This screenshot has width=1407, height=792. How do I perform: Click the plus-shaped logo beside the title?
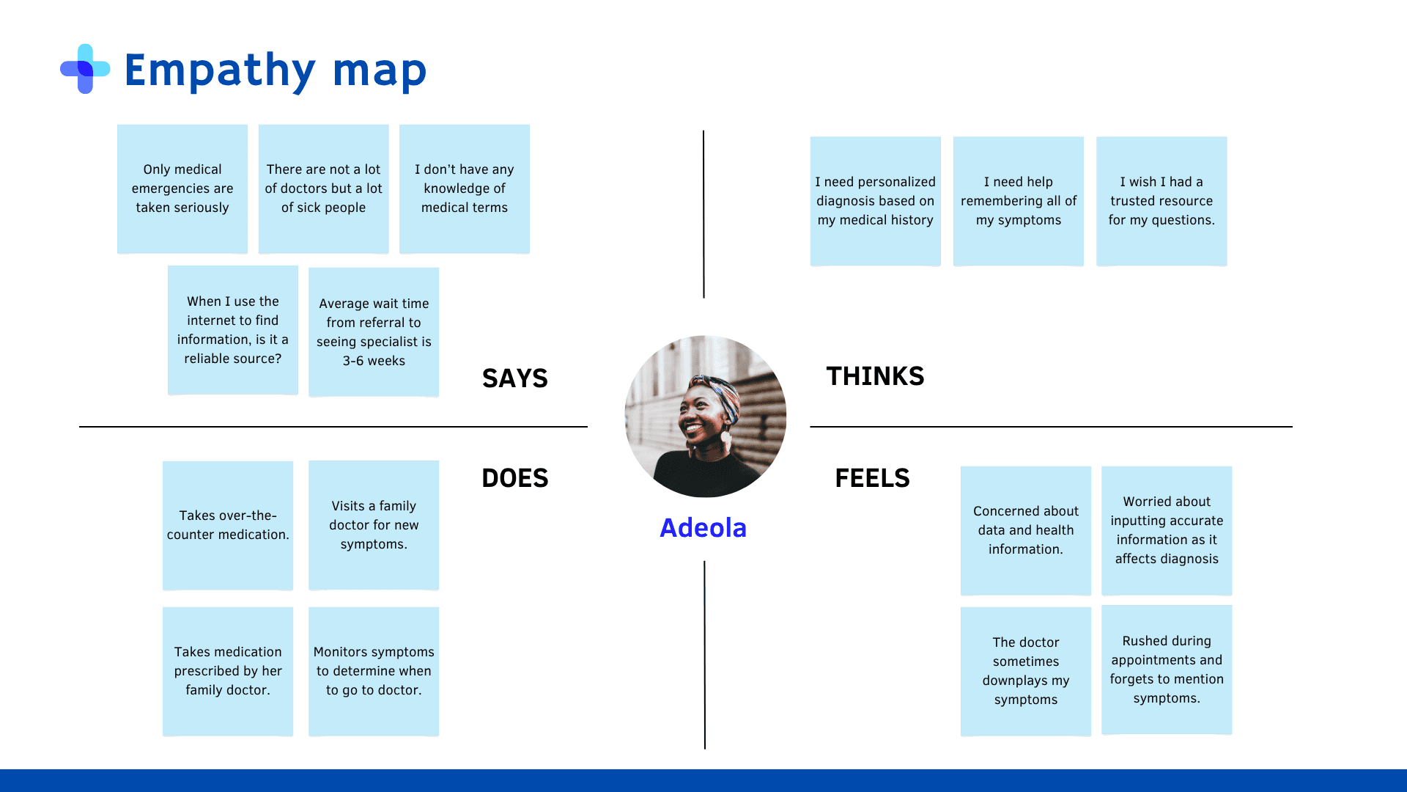pos(85,69)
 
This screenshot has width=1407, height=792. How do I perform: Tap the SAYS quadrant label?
pos(514,378)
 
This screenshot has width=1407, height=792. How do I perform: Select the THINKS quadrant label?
pos(875,376)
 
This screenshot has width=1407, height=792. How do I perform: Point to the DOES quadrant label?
pos(514,478)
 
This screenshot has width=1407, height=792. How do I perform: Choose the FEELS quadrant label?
pos(872,478)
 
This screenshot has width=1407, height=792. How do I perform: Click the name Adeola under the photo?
pos(703,528)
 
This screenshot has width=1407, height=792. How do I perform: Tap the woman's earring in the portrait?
pos(725,440)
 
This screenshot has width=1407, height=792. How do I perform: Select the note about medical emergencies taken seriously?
pos(182,188)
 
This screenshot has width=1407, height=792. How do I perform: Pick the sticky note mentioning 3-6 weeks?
pos(374,332)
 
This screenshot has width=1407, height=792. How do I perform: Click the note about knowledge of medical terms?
pos(465,188)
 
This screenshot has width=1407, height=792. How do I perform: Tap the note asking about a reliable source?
pos(233,330)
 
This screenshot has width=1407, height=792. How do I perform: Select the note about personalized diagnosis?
pos(875,201)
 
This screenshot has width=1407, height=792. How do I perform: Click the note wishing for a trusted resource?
pos(1162,201)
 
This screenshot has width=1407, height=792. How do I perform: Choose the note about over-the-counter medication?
pos(228,525)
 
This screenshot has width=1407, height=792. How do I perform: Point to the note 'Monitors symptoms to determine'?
pos(374,671)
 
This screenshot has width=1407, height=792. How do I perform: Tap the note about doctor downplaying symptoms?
pos(1026,671)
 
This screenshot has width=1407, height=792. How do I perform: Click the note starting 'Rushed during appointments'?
pos(1167,670)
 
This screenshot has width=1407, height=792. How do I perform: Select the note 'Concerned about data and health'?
pos(1026,530)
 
